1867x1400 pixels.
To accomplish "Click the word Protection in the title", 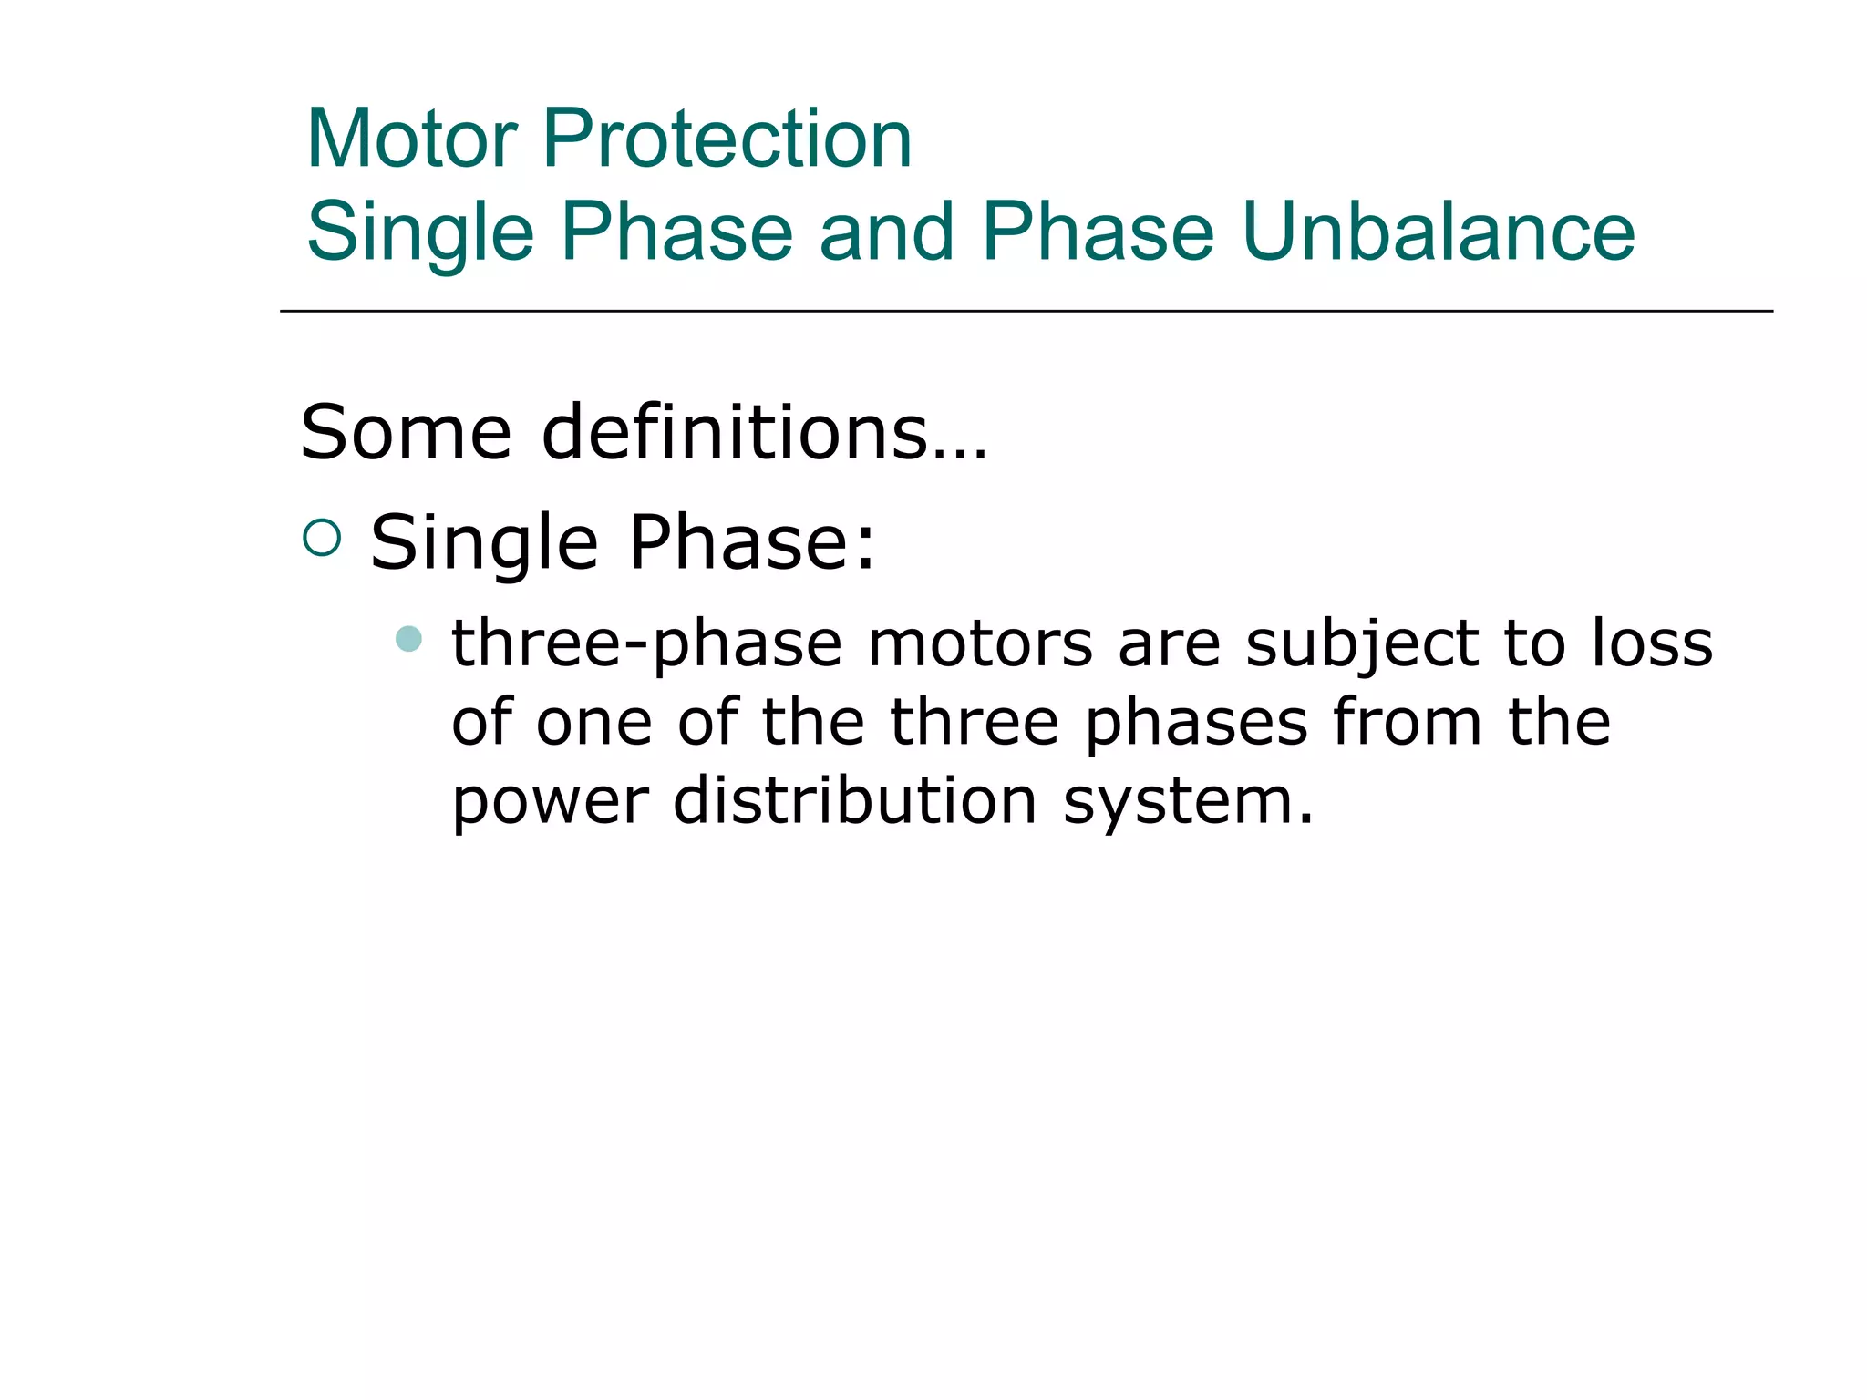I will click(727, 139).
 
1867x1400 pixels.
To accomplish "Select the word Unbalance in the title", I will click(1438, 232).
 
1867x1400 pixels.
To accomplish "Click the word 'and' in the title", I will click(886, 232).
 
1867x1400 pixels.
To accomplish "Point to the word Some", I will click(406, 432).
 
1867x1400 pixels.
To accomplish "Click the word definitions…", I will click(764, 432).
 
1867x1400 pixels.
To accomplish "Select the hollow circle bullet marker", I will click(322, 538).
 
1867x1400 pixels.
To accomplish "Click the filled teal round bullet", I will click(409, 638).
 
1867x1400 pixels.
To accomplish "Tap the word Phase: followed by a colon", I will click(752, 543).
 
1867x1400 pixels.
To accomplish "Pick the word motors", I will click(980, 643).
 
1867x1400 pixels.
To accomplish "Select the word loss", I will click(1652, 643).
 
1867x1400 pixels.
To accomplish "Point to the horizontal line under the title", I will click(1026, 311).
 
